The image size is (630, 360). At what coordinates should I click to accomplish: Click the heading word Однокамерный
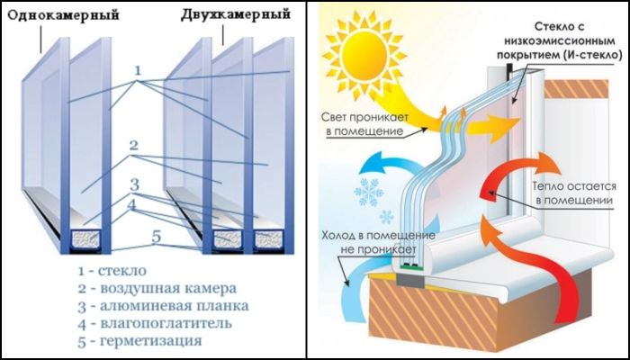64,15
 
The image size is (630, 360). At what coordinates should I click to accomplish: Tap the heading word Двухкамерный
236,14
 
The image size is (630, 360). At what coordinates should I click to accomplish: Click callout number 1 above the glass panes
138,71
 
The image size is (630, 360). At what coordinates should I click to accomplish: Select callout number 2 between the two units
134,145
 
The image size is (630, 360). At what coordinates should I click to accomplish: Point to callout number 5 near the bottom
156,237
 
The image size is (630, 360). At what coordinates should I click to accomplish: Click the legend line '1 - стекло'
112,271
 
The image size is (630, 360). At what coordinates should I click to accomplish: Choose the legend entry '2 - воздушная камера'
157,289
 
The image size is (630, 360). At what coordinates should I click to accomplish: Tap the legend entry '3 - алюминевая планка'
163,306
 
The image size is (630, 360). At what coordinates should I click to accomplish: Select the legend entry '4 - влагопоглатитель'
155,323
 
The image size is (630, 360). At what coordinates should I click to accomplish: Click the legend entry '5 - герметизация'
139,341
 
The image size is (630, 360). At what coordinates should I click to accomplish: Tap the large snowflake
368,192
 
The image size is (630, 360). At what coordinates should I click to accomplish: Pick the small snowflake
386,217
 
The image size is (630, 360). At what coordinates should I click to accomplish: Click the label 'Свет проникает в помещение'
364,124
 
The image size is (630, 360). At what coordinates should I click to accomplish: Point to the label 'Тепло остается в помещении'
573,193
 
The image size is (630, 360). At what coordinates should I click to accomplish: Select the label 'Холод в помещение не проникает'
378,242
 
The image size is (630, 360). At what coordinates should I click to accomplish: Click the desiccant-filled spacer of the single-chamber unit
85,238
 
